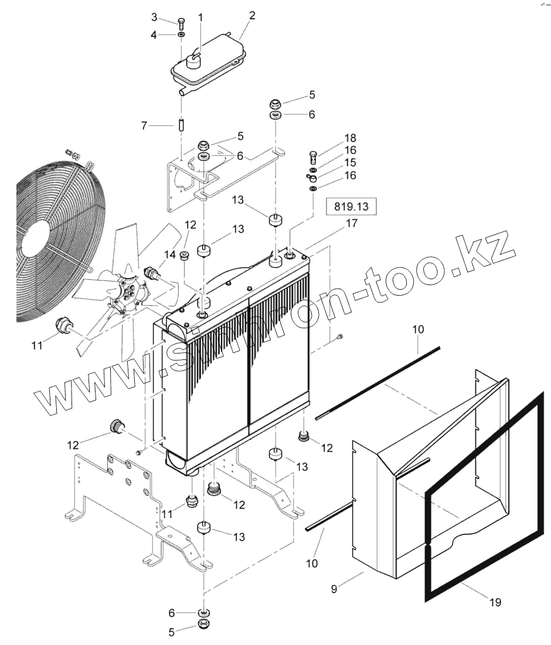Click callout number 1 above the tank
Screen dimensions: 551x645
click(200, 18)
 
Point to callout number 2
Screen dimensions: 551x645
click(252, 16)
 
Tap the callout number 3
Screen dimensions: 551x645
click(154, 16)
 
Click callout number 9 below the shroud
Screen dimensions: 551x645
click(334, 589)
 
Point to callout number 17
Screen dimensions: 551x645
click(352, 223)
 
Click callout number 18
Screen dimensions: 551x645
click(351, 138)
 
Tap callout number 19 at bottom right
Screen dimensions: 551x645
click(495, 602)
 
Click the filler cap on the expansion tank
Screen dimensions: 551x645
click(193, 58)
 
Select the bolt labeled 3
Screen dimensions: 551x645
click(181, 23)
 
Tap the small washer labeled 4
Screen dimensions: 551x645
click(181, 36)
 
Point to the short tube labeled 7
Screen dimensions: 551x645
click(181, 125)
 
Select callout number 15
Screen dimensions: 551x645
click(351, 162)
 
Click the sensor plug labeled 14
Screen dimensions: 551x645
click(151, 274)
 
